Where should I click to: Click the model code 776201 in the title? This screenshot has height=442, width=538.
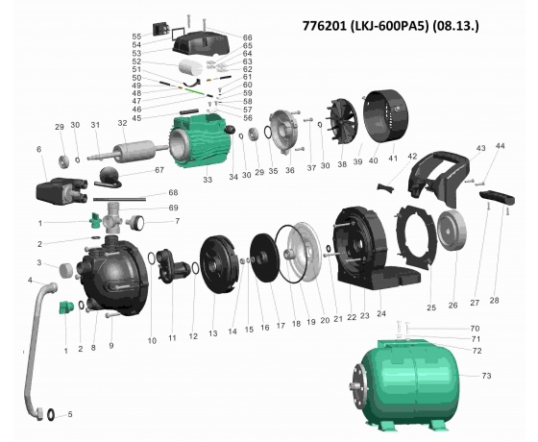click(325, 26)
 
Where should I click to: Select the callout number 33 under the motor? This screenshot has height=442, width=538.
click(208, 180)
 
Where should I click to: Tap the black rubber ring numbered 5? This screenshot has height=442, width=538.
click(51, 414)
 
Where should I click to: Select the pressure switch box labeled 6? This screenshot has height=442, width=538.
click(61, 190)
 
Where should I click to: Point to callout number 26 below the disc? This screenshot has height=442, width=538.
click(452, 306)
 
